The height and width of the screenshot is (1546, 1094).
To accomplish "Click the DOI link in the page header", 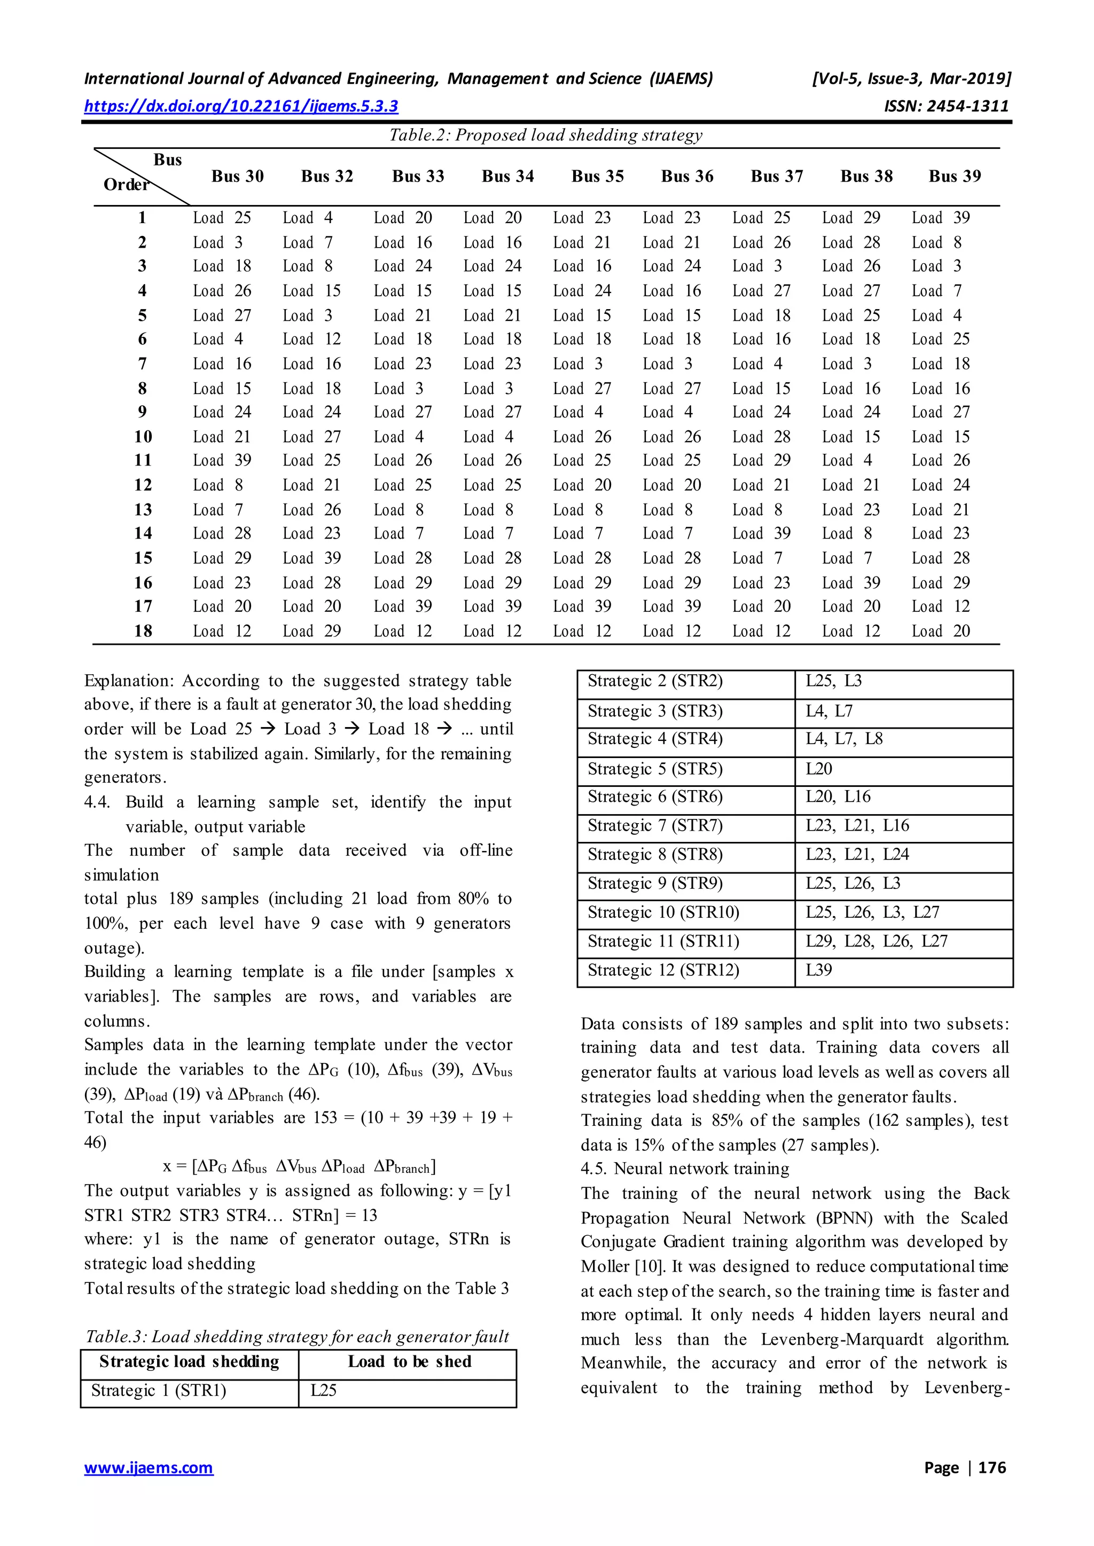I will (240, 106).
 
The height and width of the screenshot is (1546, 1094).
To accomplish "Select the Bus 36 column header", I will (686, 176).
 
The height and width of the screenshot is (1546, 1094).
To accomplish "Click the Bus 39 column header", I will (954, 176).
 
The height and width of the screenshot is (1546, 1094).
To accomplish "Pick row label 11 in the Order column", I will (143, 461).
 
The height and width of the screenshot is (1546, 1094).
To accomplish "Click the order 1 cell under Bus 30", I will (222, 218).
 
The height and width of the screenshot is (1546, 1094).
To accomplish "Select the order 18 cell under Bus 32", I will (311, 631).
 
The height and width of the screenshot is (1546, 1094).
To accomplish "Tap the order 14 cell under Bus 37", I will (761, 533).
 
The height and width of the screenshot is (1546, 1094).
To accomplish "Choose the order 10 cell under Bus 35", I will (582, 437).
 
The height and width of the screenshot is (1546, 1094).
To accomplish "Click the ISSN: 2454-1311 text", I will (946, 106).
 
